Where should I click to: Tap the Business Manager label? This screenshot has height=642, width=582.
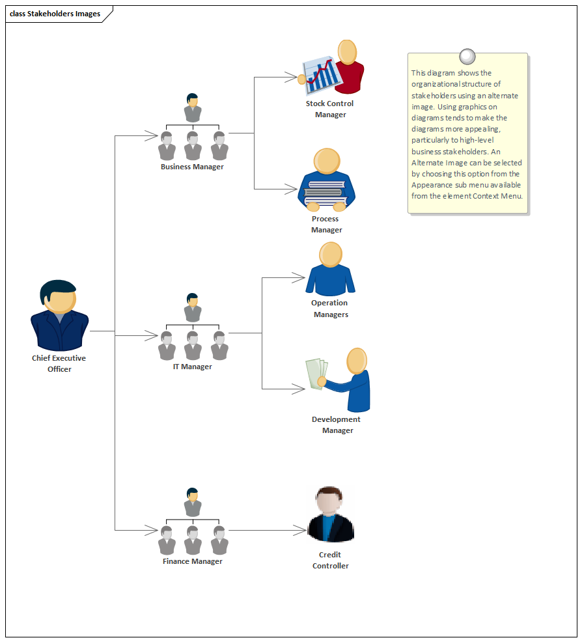[192, 167]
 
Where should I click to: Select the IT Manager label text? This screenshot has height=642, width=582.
[192, 367]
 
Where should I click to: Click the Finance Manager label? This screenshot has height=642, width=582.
[192, 561]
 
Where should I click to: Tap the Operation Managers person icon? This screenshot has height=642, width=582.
[331, 270]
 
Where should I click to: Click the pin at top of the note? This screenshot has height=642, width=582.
[467, 55]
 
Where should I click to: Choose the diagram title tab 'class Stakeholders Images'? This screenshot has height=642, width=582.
[56, 14]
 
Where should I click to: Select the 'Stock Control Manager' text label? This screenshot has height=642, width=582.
[330, 109]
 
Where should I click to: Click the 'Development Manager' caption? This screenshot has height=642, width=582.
[337, 425]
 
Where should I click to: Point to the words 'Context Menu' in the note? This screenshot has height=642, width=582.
[501, 196]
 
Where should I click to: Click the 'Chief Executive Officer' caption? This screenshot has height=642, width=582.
[59, 363]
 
